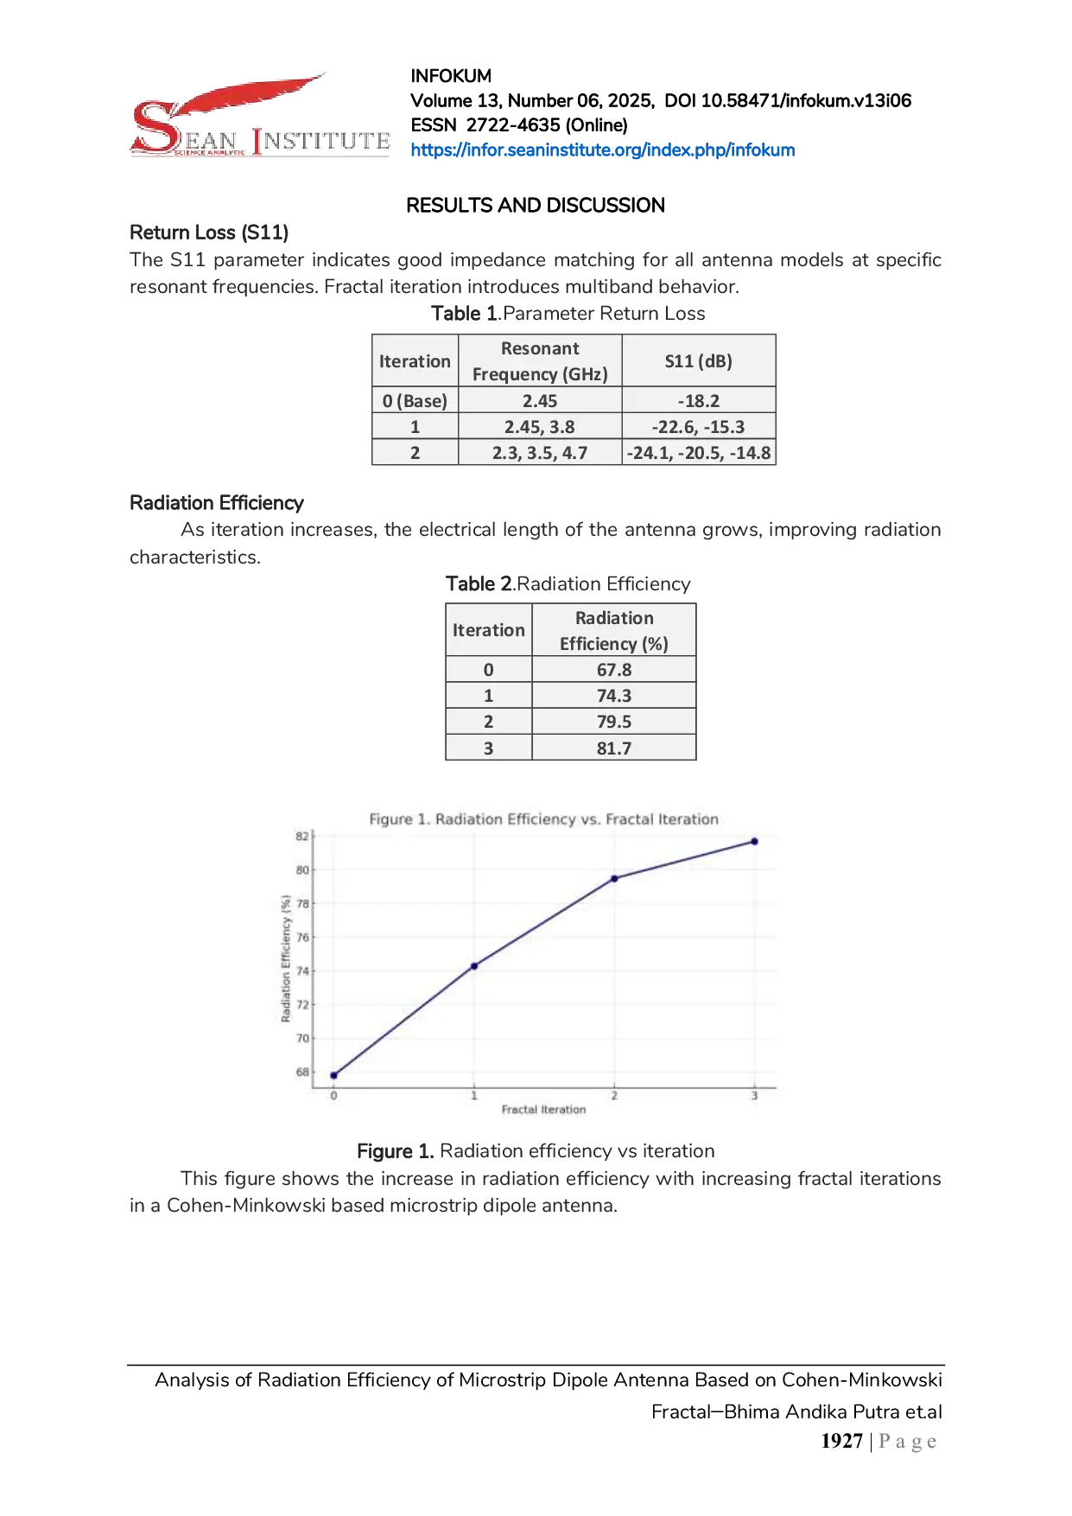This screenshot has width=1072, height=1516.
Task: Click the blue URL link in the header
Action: (600, 150)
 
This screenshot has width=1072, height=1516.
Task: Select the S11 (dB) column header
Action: (698, 361)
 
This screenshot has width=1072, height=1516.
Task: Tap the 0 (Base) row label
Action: (415, 401)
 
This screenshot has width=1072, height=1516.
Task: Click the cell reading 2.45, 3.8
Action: (540, 427)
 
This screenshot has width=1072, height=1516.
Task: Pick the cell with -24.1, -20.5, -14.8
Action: (698, 453)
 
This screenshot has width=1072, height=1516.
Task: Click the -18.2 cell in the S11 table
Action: (698, 401)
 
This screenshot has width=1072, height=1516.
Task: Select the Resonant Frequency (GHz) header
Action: (540, 361)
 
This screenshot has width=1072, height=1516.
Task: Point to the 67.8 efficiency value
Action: (614, 670)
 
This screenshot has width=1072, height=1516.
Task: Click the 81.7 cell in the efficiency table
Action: (614, 748)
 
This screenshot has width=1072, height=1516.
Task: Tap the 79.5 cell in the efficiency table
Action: (614, 722)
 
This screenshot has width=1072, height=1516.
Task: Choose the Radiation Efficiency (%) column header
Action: (614, 631)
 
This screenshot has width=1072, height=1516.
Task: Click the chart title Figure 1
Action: (543, 819)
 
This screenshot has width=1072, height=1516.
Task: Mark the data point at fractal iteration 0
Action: (334, 1076)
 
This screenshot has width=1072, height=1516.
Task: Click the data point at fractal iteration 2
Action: (614, 878)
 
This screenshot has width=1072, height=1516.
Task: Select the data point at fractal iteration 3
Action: (754, 841)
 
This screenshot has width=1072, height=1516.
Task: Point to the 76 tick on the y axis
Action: (302, 937)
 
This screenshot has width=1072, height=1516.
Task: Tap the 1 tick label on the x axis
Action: (474, 1096)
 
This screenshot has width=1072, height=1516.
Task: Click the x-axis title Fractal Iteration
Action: (543, 1110)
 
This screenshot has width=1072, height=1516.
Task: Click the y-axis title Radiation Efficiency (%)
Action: (286, 959)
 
